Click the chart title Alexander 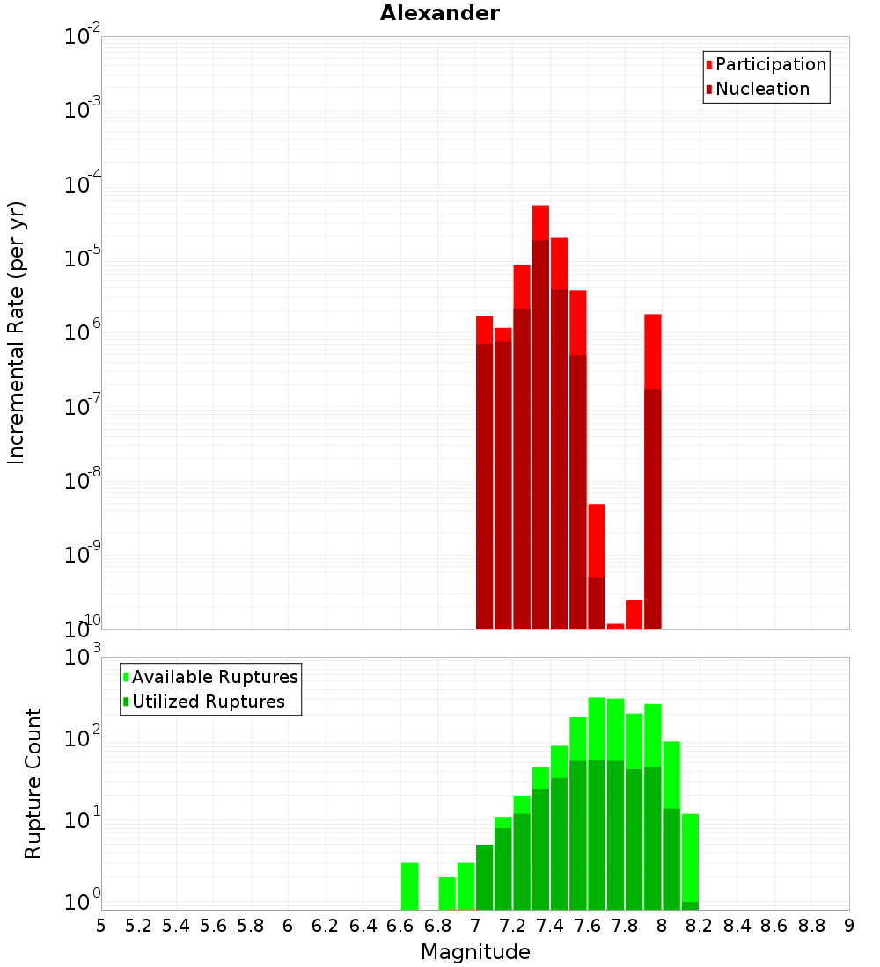(x=440, y=13)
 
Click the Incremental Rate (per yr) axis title (x=17, y=333)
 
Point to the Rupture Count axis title (x=33, y=783)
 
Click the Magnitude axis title (x=475, y=952)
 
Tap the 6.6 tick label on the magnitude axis (x=400, y=926)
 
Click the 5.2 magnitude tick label (x=139, y=926)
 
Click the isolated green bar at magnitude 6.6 (x=410, y=886)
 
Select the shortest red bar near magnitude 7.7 (x=615, y=626)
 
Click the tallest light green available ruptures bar (x=597, y=730)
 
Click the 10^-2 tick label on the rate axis (x=83, y=37)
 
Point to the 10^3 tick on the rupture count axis (x=84, y=657)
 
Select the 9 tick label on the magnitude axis (x=849, y=926)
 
